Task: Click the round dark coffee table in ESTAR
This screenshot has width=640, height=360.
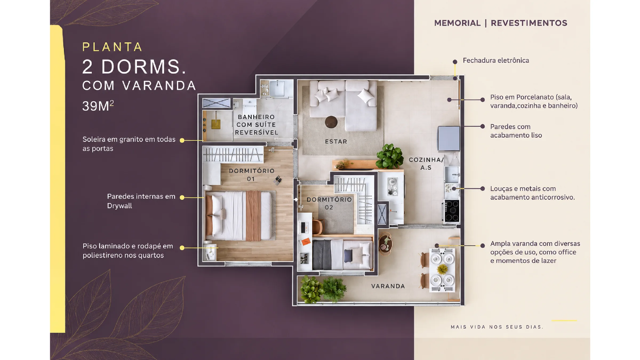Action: point(331,122)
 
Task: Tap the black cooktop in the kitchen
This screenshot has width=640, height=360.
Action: point(452,211)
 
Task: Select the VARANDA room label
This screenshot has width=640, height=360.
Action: point(388,286)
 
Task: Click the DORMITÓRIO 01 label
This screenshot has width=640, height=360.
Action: point(251,175)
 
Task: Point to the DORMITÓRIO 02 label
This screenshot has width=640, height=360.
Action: point(329,203)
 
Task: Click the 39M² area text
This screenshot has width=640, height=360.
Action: point(98,106)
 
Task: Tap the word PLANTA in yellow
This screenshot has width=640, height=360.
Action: point(112,47)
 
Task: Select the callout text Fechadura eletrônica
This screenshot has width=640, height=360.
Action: point(496,60)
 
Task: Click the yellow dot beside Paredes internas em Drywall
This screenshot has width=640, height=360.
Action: point(182,198)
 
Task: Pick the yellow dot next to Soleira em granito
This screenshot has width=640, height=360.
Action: point(182,140)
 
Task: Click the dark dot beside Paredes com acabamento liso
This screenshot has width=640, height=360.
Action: point(482,126)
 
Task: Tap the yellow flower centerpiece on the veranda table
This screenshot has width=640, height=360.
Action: point(442,269)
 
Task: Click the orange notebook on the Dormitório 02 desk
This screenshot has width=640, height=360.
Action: point(306,241)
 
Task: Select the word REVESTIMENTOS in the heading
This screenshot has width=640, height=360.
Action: point(529,23)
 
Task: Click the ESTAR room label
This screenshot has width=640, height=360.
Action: point(336,142)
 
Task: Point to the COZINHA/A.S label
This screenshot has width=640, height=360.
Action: point(426,163)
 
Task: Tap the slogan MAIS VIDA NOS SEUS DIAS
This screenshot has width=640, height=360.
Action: point(497,327)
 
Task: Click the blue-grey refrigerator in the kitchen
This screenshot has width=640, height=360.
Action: point(449,138)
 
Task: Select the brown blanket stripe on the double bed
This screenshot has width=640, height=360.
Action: point(253,216)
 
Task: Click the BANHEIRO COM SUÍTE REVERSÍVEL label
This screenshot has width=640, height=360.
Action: point(256,125)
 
